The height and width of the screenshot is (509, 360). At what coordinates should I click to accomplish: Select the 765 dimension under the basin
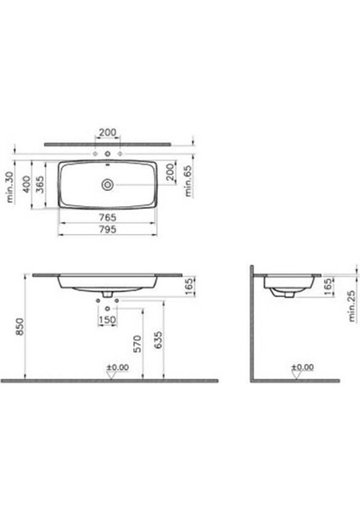pyautogui.click(x=107, y=217)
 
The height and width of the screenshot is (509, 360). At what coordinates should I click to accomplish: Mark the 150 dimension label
pyautogui.click(x=107, y=321)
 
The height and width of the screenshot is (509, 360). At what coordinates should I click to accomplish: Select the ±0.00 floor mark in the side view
pyautogui.click(x=302, y=368)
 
